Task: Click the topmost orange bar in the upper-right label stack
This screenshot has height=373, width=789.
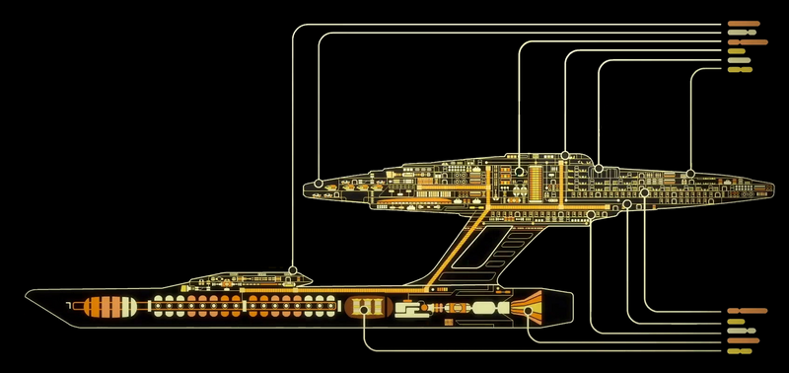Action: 742,23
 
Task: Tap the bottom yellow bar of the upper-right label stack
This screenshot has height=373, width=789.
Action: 739,71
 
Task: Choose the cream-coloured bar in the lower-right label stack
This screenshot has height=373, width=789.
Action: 739,321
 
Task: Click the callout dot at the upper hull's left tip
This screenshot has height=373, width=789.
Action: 320,183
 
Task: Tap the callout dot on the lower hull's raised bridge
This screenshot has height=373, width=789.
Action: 293,268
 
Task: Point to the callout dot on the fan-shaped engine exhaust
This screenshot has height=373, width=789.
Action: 529,310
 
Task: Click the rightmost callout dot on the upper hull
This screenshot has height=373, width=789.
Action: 690,173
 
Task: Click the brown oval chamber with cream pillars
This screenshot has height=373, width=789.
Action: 366,308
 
